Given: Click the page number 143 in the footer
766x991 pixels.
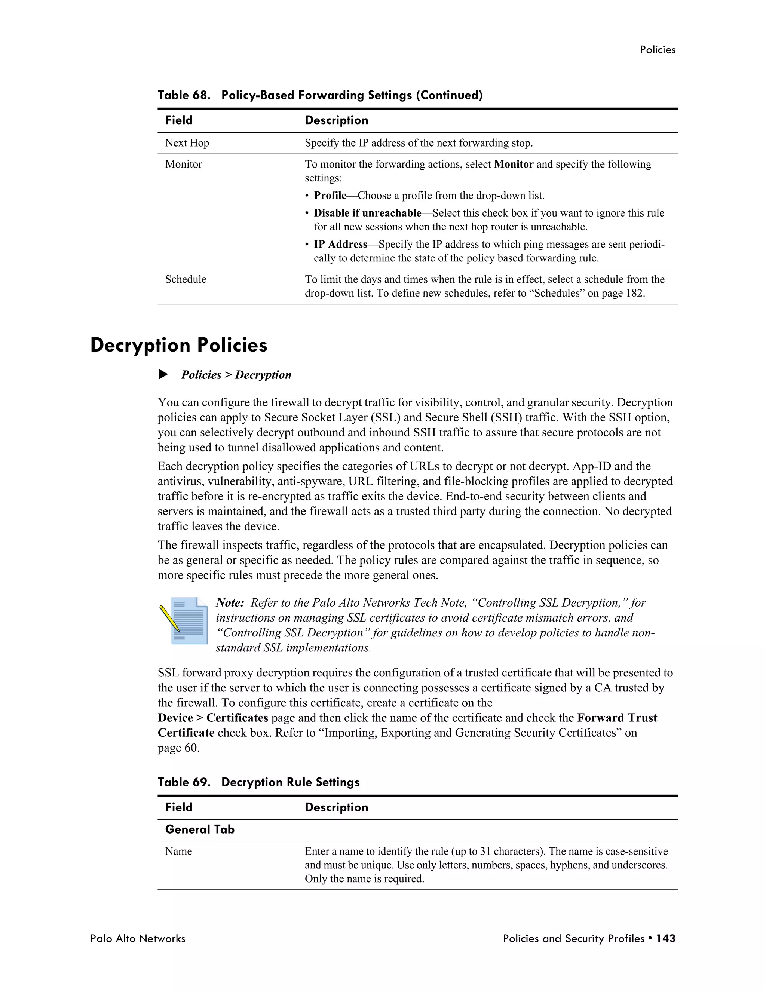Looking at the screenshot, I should pyautogui.click(x=666, y=939).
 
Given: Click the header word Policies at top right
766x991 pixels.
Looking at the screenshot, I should pyautogui.click(x=658, y=50).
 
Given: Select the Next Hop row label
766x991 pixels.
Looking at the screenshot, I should pyautogui.click(x=187, y=143).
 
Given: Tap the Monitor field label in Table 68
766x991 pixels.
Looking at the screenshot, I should pyautogui.click(x=183, y=164).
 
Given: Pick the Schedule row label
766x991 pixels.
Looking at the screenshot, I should pyautogui.click(x=186, y=279).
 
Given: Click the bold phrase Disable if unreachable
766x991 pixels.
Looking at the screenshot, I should pyautogui.click(x=368, y=213).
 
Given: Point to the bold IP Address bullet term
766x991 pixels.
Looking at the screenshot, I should pyautogui.click(x=340, y=245).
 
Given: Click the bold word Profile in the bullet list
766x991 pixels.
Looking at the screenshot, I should pyautogui.click(x=330, y=196).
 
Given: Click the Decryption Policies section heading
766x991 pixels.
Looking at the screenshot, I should pyautogui.click(x=179, y=345).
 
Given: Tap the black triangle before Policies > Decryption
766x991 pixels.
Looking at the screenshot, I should pyautogui.click(x=163, y=375).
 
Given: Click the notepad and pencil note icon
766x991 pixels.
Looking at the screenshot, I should pyautogui.click(x=184, y=621).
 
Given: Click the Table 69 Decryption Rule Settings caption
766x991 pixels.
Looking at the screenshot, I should pyautogui.click(x=259, y=782).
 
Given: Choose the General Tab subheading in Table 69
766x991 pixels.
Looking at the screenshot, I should pyautogui.click(x=200, y=829).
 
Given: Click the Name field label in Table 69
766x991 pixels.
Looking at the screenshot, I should pyautogui.click(x=178, y=851).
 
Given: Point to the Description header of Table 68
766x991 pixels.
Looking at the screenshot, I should pyautogui.click(x=336, y=120).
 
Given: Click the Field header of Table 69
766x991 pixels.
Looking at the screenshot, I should pyautogui.click(x=179, y=807).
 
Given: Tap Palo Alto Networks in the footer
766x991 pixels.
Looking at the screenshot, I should pyautogui.click(x=138, y=939).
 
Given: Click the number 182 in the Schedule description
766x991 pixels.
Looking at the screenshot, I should pyautogui.click(x=634, y=293).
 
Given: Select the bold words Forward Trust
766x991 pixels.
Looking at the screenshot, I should pyautogui.click(x=617, y=718).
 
